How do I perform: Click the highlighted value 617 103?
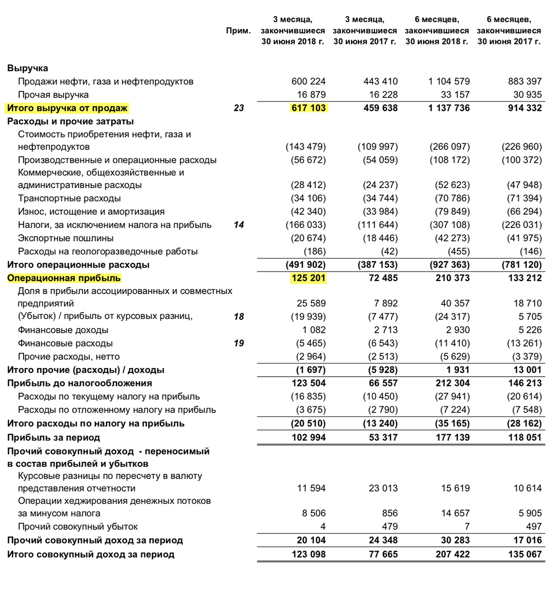click(309, 108)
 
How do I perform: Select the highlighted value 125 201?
click(309, 278)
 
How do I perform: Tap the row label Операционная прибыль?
click(64, 278)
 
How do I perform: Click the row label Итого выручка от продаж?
click(68, 108)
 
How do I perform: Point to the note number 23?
click(239, 108)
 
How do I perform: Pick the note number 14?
click(239, 225)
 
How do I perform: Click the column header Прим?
click(238, 31)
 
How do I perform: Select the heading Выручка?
click(28, 68)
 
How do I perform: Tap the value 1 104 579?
click(449, 81)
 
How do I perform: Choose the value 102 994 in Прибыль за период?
click(309, 438)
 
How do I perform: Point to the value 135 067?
click(525, 555)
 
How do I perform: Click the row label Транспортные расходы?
click(69, 198)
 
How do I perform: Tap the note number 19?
click(239, 343)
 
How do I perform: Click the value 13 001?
click(527, 370)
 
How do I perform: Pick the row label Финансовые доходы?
click(63, 330)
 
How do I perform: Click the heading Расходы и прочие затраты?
click(71, 122)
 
